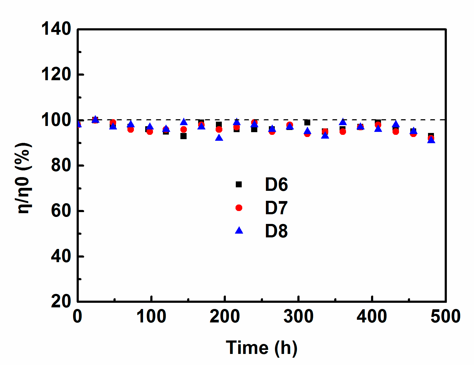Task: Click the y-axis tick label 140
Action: (56, 29)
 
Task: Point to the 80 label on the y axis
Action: (61, 165)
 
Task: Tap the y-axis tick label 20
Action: (61, 301)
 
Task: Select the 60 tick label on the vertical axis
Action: (61, 211)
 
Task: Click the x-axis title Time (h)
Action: (262, 348)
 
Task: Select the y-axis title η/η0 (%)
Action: (24, 178)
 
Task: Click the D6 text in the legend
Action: (276, 185)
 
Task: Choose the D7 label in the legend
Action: (276, 208)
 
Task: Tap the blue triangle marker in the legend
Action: (239, 231)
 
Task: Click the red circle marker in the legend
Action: (239, 208)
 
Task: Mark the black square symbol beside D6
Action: (239, 184)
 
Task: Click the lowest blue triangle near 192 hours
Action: (219, 138)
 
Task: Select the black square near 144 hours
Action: (183, 136)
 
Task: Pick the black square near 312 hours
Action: (307, 123)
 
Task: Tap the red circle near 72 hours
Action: (131, 129)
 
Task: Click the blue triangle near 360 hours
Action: (343, 122)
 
